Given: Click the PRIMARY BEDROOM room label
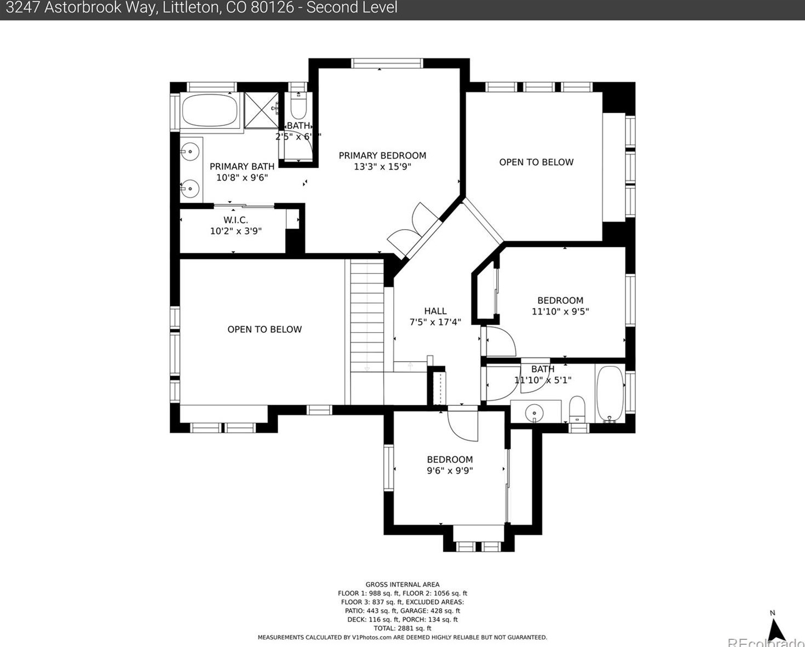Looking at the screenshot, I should (x=382, y=156).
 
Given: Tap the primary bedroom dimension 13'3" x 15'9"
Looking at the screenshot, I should (x=382, y=167).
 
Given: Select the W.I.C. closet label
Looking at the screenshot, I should (x=235, y=220).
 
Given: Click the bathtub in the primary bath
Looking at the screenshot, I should (x=209, y=111).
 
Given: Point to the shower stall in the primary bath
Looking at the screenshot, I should (x=261, y=110).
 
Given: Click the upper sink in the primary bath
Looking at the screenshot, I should (x=190, y=152).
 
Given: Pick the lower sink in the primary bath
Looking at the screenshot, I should (x=190, y=189).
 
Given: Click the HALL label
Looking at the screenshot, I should (x=435, y=311).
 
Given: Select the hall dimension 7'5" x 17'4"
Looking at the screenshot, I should (x=435, y=322).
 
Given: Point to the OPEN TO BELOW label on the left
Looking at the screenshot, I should (x=264, y=330).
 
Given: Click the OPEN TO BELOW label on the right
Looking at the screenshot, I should (x=536, y=162).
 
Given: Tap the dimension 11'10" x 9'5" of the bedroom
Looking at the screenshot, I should (x=560, y=311).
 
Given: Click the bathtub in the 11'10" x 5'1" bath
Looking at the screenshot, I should (x=610, y=394).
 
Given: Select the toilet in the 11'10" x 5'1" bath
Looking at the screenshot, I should (x=577, y=409).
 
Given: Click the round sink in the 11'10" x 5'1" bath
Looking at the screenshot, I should (x=534, y=412).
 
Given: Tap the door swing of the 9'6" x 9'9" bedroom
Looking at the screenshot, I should (x=462, y=425).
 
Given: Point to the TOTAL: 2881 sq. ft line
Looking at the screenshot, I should (x=403, y=628).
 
